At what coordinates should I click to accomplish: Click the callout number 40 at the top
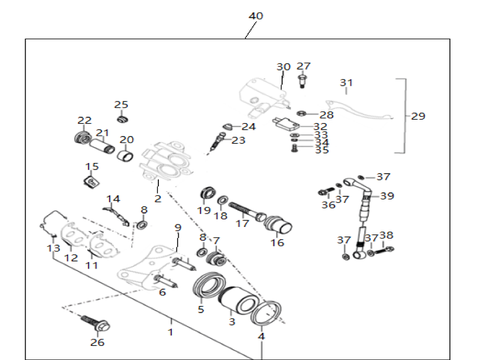point(256,16)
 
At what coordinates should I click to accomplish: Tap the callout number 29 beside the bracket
point(418,116)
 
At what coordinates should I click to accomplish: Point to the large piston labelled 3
point(236,301)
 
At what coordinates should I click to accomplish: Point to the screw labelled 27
point(303,80)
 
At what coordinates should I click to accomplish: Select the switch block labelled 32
point(286,123)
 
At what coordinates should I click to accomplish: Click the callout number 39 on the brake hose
point(387,196)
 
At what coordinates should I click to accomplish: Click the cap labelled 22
point(81,140)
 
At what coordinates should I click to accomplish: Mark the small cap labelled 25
point(122,120)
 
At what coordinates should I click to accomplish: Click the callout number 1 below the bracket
point(171,332)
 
